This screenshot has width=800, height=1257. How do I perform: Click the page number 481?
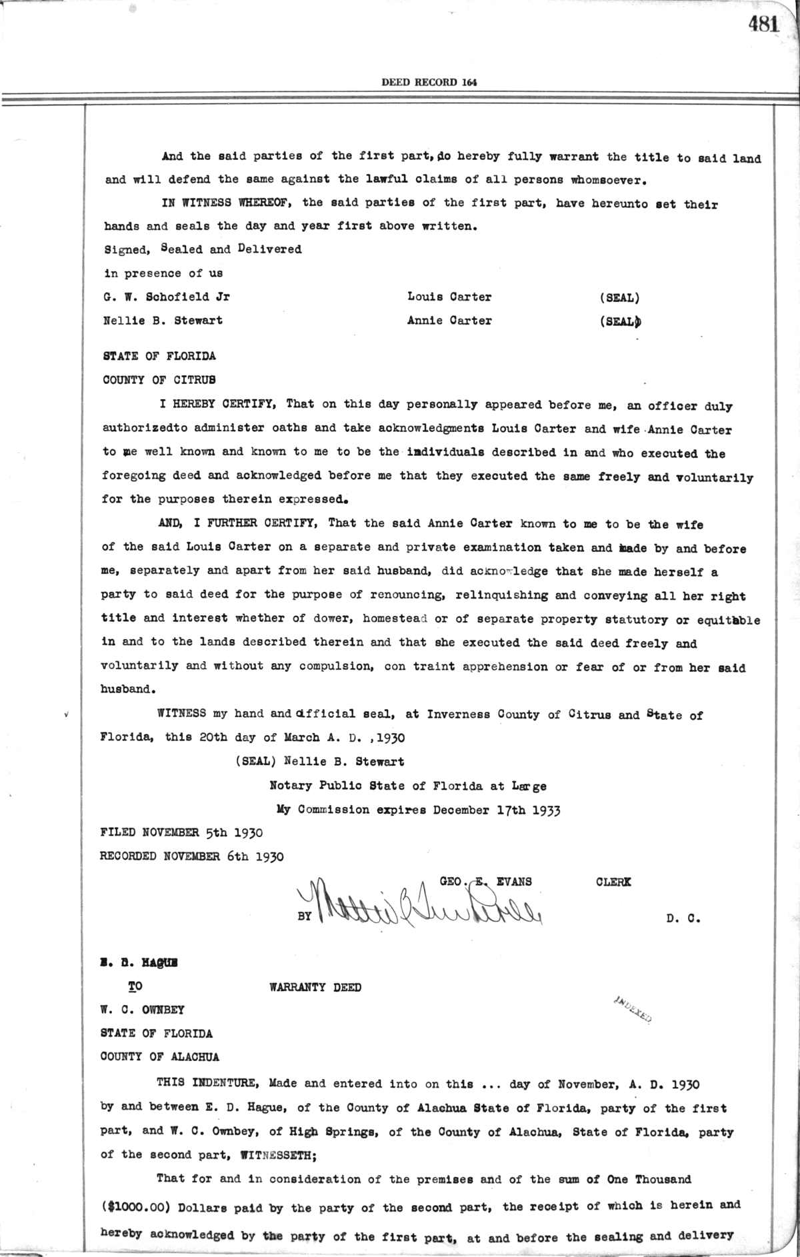763,24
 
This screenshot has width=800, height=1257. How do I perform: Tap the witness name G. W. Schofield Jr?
167,297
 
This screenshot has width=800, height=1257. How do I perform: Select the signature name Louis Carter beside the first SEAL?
449,297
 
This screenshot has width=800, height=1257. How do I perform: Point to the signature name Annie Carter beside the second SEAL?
449,321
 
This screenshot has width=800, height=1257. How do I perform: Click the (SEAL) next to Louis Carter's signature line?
619,298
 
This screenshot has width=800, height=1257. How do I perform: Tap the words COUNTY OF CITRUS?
159,380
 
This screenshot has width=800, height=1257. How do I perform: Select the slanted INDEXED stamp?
630,1010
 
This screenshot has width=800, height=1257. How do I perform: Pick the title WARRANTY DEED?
315,987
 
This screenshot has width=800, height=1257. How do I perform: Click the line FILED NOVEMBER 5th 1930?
181,832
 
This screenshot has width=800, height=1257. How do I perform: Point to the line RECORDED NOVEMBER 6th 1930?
191,856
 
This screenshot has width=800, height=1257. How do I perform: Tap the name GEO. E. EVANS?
485,882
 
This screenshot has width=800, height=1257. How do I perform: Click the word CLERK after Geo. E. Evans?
613,882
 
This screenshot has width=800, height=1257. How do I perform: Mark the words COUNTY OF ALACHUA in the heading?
159,1056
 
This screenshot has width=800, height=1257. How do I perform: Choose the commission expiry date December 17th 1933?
497,810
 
